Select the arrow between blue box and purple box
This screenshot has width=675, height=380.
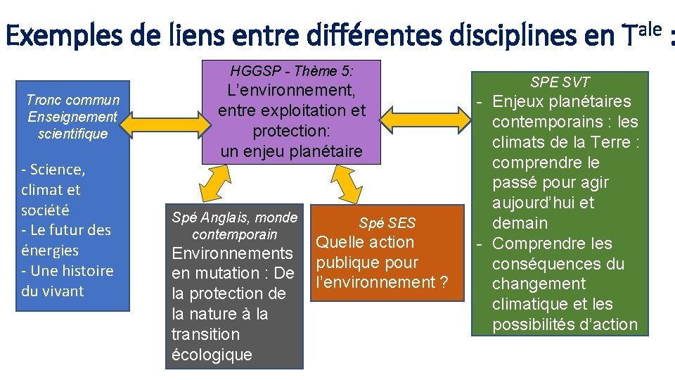point(166,125)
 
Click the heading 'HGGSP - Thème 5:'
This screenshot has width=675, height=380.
point(291,71)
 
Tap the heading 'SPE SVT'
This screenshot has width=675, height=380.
point(560,82)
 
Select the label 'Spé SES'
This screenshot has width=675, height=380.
point(387,223)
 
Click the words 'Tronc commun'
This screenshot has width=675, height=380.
point(72,100)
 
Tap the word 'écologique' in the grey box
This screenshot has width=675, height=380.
point(212,355)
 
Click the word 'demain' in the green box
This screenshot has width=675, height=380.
point(520,223)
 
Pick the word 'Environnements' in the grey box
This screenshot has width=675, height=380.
point(232,253)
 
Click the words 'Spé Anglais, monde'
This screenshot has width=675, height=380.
point(235,217)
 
